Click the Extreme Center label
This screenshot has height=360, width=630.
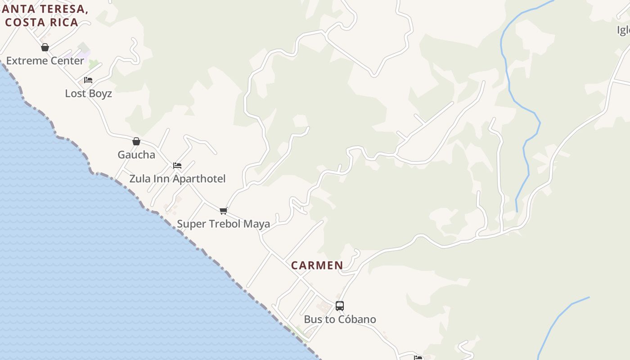coord(45,61)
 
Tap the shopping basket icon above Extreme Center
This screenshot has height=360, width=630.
coord(45,47)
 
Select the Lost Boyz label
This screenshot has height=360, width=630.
coord(88,94)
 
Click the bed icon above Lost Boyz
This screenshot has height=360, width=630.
coord(88,80)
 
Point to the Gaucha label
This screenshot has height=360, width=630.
coord(136,155)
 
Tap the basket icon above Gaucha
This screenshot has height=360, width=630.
coord(136,141)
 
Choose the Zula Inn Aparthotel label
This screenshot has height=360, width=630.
coord(177,179)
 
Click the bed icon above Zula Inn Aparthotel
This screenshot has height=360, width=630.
coord(177,165)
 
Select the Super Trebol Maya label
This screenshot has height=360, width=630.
coord(223,224)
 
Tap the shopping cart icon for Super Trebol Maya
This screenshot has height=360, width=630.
coord(223,211)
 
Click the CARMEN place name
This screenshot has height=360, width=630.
coord(317,265)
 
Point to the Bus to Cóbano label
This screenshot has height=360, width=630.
coord(340,319)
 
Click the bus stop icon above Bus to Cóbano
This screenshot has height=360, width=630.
coord(340,306)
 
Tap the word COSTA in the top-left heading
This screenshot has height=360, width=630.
coord(25,22)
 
